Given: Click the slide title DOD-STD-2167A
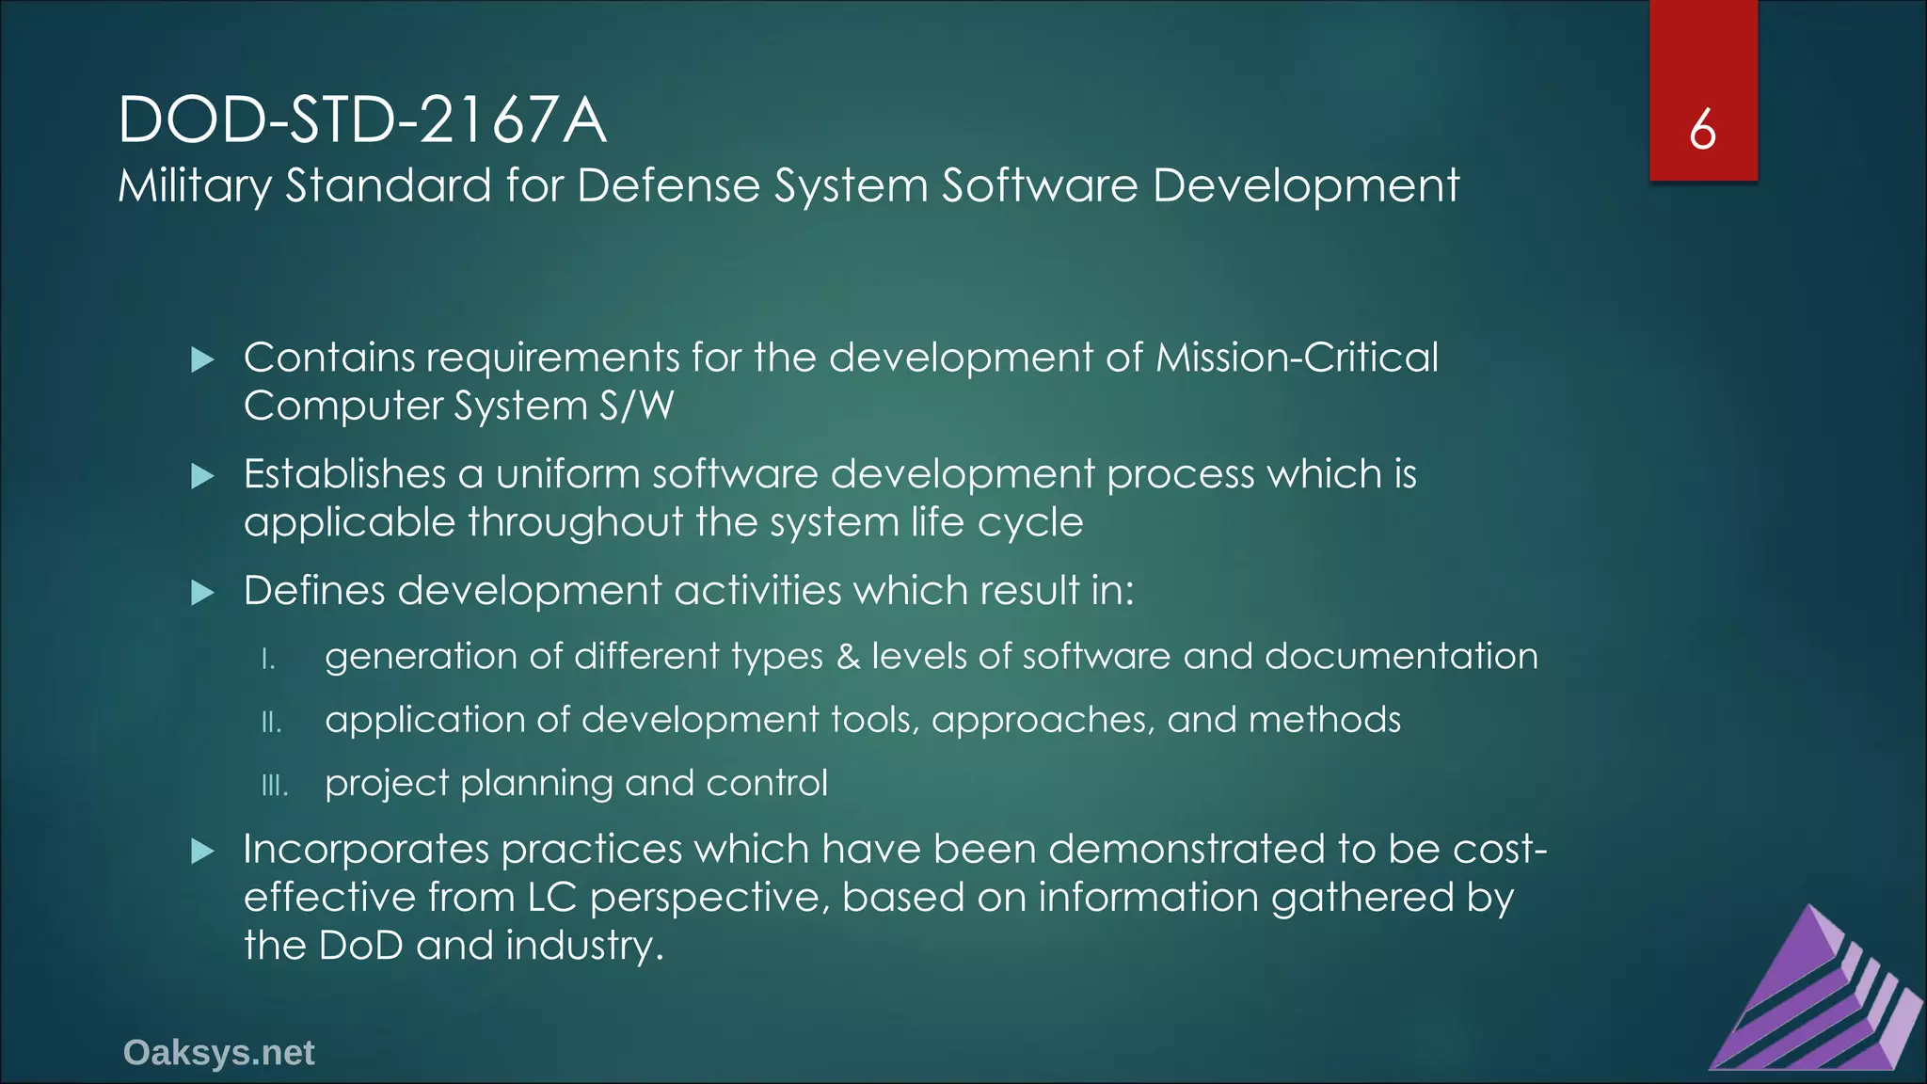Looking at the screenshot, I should (362, 120).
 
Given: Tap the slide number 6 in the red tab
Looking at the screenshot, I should (1702, 130).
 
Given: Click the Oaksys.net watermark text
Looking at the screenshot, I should (218, 1053).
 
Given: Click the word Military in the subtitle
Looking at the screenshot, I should (194, 185).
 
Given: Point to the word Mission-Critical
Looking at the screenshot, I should (1297, 358).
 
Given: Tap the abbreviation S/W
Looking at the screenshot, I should (636, 406).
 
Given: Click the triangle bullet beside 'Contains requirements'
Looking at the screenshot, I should (202, 359).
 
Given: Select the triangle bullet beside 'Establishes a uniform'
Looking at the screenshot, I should (202, 476).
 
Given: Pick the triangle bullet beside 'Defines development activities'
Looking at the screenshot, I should (202, 593).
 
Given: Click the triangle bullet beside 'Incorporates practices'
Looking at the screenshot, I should (202, 852).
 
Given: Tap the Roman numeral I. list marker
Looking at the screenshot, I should (268, 659).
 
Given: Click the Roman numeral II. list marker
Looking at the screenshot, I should (271, 723).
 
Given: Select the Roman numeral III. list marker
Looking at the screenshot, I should (275, 786).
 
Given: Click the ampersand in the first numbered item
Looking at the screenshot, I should (848, 656).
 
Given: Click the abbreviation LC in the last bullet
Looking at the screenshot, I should (551, 898).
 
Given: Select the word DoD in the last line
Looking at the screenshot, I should (361, 946).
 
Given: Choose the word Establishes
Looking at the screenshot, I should (344, 474).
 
